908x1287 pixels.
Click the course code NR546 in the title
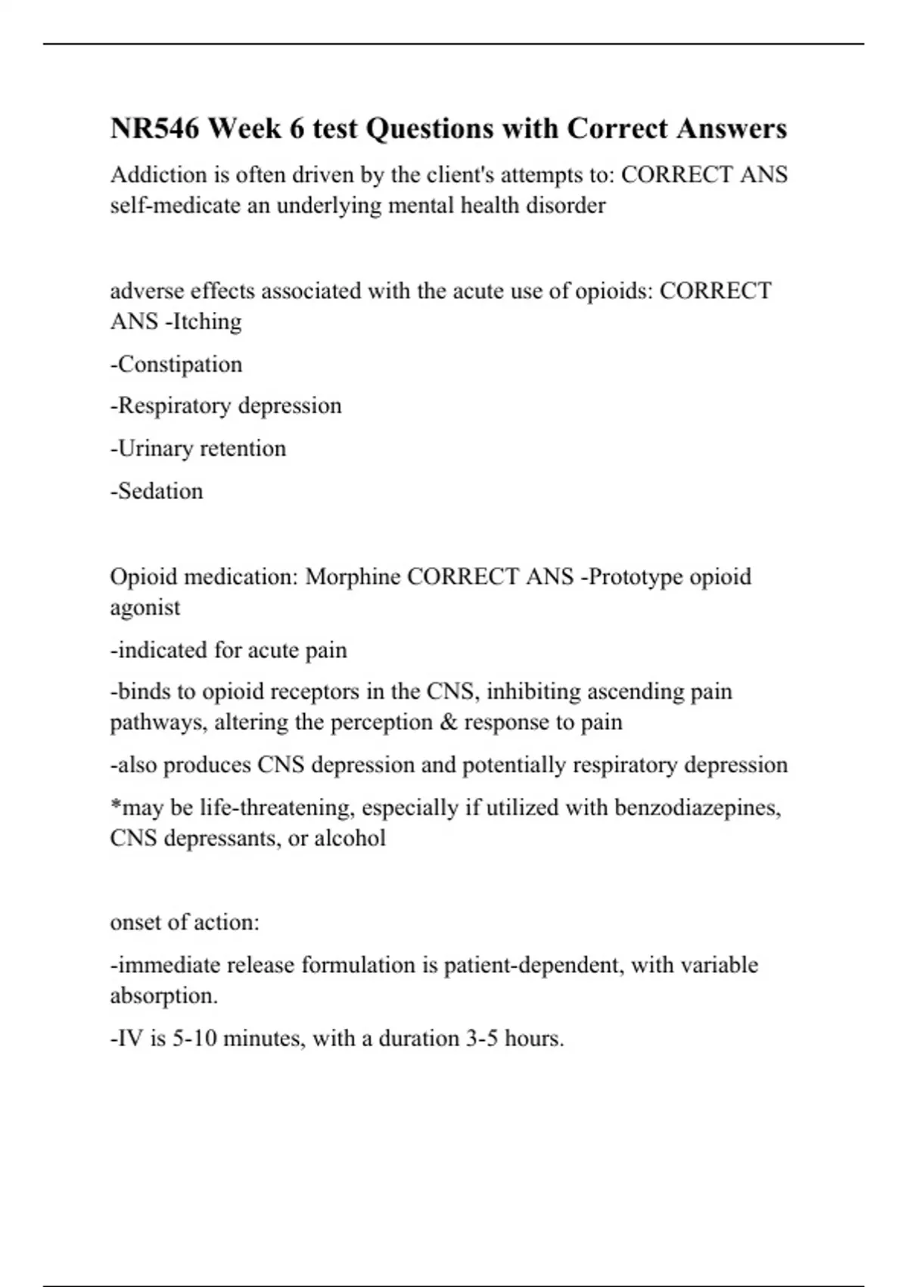point(154,129)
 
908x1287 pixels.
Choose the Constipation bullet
point(176,364)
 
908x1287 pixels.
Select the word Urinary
point(155,448)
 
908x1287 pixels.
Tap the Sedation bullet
point(157,491)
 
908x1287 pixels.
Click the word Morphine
point(353,577)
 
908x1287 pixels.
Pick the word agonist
point(145,608)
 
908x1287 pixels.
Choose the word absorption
point(163,996)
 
